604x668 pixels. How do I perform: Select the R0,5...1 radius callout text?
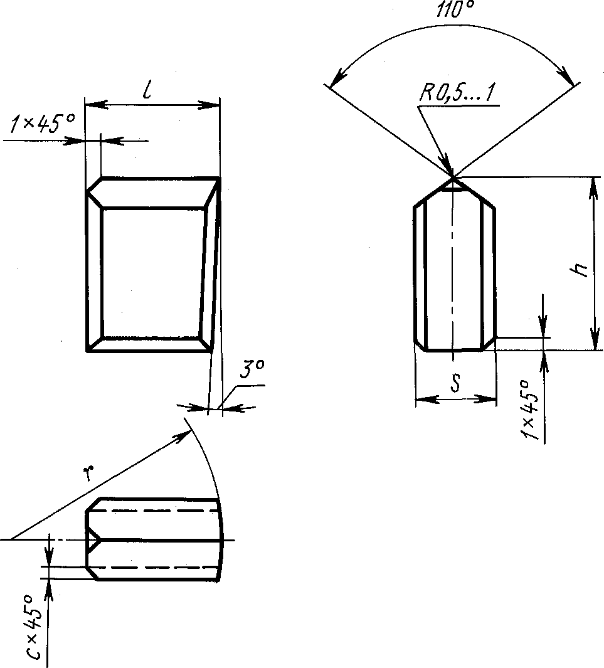click(x=458, y=93)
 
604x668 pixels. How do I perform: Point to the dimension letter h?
click(x=580, y=270)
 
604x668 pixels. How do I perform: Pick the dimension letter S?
click(x=455, y=382)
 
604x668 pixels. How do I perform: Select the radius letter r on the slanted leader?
click(x=88, y=473)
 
